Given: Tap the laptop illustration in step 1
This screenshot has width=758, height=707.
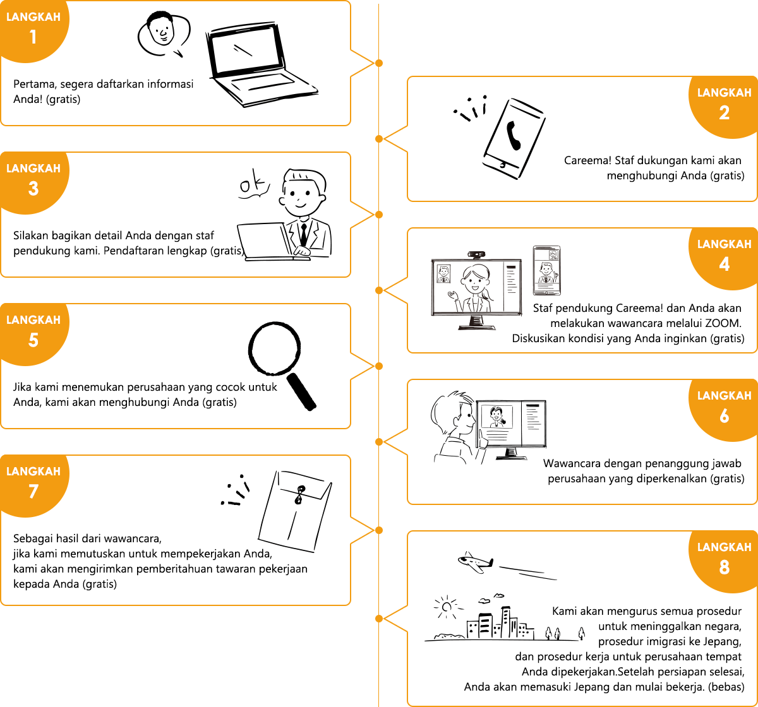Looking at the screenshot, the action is point(262,65).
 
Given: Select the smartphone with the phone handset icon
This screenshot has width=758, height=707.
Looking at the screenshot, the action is point(514,139).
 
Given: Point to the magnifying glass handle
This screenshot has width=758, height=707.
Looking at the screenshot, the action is point(301,392).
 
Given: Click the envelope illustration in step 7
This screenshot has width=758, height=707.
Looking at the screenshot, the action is point(295,511).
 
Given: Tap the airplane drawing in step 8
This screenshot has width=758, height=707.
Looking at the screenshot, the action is point(476,562).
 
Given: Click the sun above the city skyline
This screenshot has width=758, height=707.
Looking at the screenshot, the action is point(447,607).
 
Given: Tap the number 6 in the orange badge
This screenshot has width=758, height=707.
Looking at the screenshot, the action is point(724,416).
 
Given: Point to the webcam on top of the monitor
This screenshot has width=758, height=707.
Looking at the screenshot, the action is point(476,255).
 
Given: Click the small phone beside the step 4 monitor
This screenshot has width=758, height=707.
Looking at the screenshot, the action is point(546,271).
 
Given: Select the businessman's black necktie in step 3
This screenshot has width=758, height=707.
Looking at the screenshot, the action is point(303,234).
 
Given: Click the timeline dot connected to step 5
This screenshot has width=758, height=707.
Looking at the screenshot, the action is point(379,366).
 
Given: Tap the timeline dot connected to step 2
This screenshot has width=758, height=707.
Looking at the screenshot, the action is point(379,139).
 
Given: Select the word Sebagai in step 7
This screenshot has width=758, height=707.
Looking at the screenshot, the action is point(33,538).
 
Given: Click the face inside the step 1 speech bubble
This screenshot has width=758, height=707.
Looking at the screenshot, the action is point(162,30).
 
